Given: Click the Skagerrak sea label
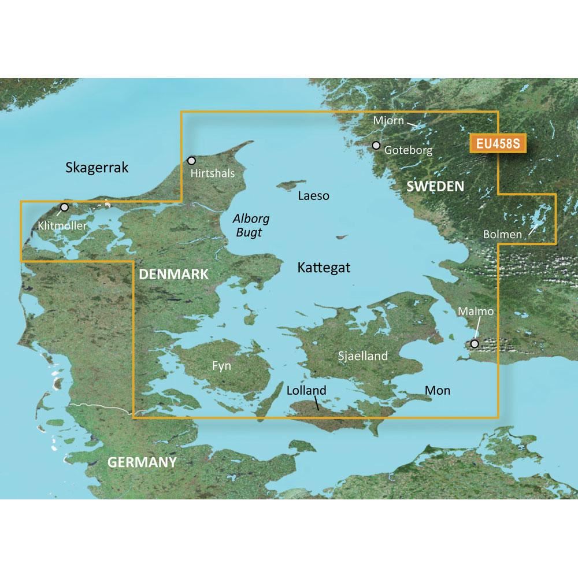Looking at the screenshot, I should click(97, 168).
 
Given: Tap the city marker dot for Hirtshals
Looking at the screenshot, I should click(192, 160).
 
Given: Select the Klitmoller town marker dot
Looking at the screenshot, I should click(64, 207).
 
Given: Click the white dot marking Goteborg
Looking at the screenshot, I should click(376, 145).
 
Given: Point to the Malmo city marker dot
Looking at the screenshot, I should click(475, 344).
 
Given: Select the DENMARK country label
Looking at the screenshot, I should click(173, 275).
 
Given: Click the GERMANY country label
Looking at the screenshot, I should click(142, 462).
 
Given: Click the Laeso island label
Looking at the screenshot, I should click(313, 196).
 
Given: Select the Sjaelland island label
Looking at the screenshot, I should click(362, 356).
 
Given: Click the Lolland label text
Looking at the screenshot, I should click(306, 391).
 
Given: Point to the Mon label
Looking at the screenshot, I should click(438, 391).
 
